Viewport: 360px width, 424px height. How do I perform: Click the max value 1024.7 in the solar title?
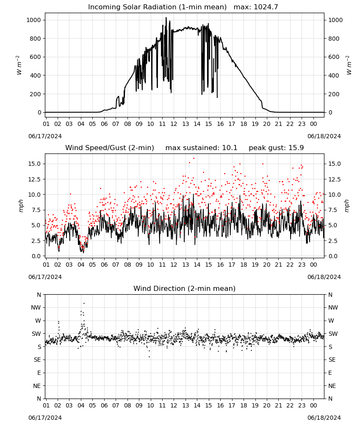[266, 7]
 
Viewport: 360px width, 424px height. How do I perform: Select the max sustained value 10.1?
[230, 148]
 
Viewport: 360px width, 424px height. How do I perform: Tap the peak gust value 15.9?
[296, 148]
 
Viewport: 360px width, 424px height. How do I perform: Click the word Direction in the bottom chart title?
[166, 288]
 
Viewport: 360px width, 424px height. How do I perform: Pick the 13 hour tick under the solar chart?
[186, 124]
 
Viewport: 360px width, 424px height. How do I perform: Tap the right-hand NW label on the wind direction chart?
[333, 307]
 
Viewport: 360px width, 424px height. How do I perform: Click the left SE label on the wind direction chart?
[37, 360]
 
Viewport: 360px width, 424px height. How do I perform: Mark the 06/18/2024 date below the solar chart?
[324, 136]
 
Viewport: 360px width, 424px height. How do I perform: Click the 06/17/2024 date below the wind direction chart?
[45, 418]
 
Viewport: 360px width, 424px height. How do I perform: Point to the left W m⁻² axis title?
[19, 65]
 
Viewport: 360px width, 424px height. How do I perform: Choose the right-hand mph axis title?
[347, 206]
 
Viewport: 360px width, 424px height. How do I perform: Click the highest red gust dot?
[194, 159]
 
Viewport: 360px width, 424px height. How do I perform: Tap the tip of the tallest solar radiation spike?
[166, 17]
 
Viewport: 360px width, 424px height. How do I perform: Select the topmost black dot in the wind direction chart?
[84, 304]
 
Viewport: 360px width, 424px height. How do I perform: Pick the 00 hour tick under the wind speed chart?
[313, 265]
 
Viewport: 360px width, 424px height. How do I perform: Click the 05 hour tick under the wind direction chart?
[92, 405]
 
